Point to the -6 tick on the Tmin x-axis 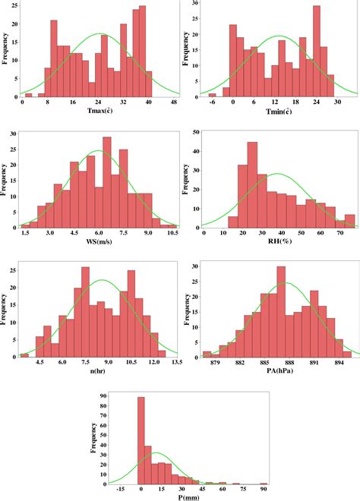tap(213, 102)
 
